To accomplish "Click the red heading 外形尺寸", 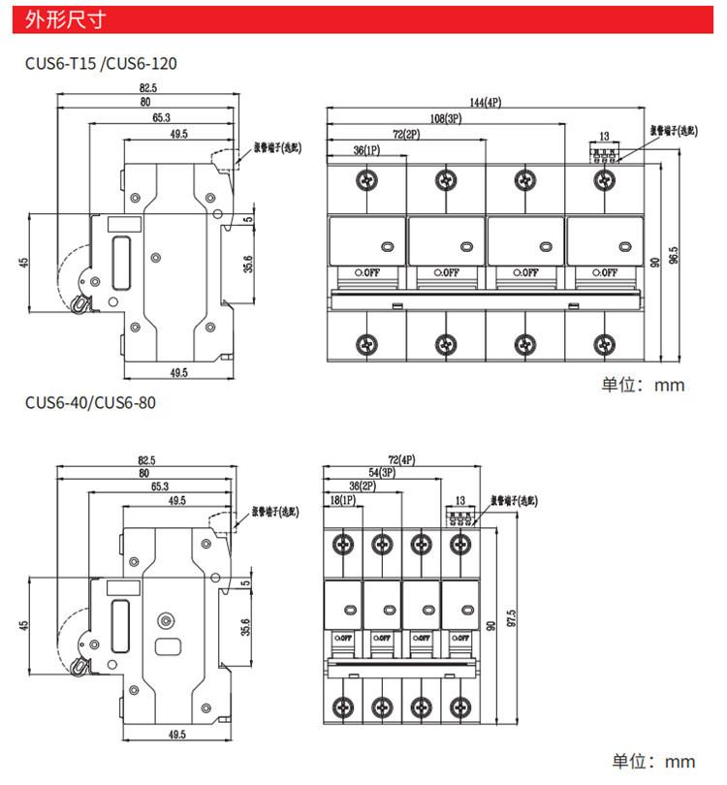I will tap(65, 19).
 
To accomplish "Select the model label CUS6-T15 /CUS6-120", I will tap(102, 64).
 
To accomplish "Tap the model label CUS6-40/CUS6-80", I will tap(89, 401).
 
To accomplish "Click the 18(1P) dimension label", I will tap(342, 500).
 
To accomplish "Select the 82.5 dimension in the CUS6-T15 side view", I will tap(147, 88).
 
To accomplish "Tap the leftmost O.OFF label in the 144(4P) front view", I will tap(366, 272).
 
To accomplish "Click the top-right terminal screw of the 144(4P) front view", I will tap(605, 177).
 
